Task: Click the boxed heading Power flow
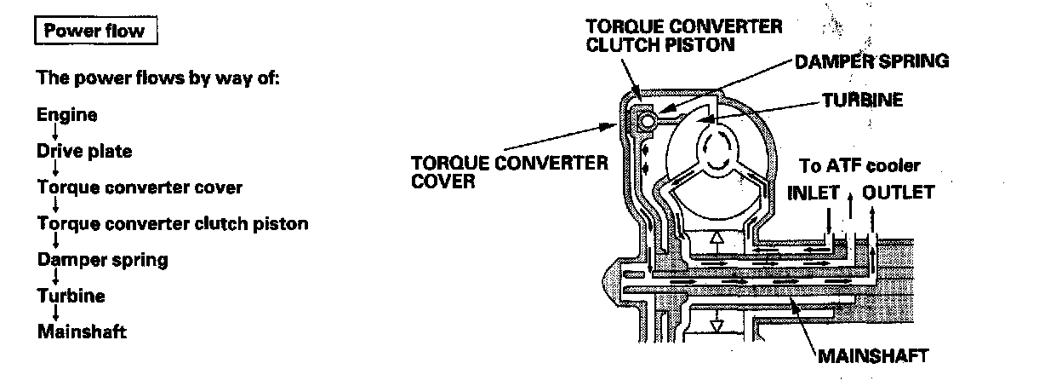tap(94, 32)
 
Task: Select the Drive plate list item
tap(84, 152)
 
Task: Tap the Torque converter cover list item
tap(140, 187)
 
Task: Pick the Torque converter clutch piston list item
tap(173, 224)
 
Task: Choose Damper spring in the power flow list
tap(102, 260)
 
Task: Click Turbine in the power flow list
tap(71, 296)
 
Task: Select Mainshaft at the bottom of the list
tap(82, 331)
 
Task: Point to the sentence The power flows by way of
tap(158, 78)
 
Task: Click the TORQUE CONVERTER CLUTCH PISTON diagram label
tap(684, 35)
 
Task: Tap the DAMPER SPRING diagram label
tap(871, 61)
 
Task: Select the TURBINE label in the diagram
tap(862, 100)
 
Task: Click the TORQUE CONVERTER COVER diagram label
tap(510, 171)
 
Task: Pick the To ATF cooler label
tap(860, 165)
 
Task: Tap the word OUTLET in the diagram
tap(898, 192)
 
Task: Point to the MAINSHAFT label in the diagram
tap(871, 355)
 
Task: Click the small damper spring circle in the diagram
tap(647, 122)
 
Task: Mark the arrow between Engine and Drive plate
tap(54, 134)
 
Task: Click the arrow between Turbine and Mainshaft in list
tap(54, 314)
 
